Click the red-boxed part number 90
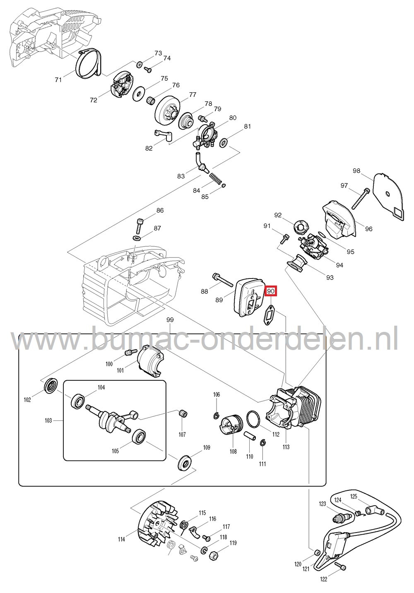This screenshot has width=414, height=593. pos(271,292)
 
